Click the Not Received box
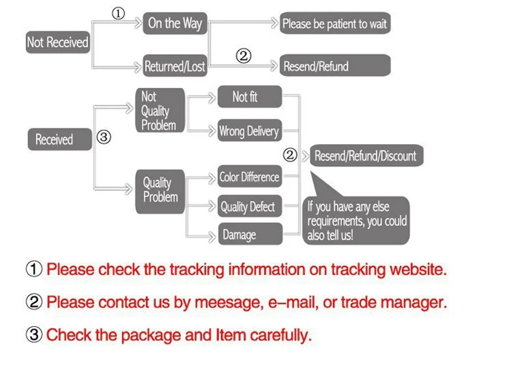58,42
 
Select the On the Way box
175,23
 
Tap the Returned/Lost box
175,65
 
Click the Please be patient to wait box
335,23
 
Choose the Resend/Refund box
335,65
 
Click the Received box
60,139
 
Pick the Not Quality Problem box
160,110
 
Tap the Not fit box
250,97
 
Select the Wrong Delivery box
250,130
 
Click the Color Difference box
250,176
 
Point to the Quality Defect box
250,206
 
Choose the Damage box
251,234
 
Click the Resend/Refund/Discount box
367,155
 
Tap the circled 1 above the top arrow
118,14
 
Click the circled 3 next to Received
103,137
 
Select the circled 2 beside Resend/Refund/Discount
290,155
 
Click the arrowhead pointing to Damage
212,237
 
